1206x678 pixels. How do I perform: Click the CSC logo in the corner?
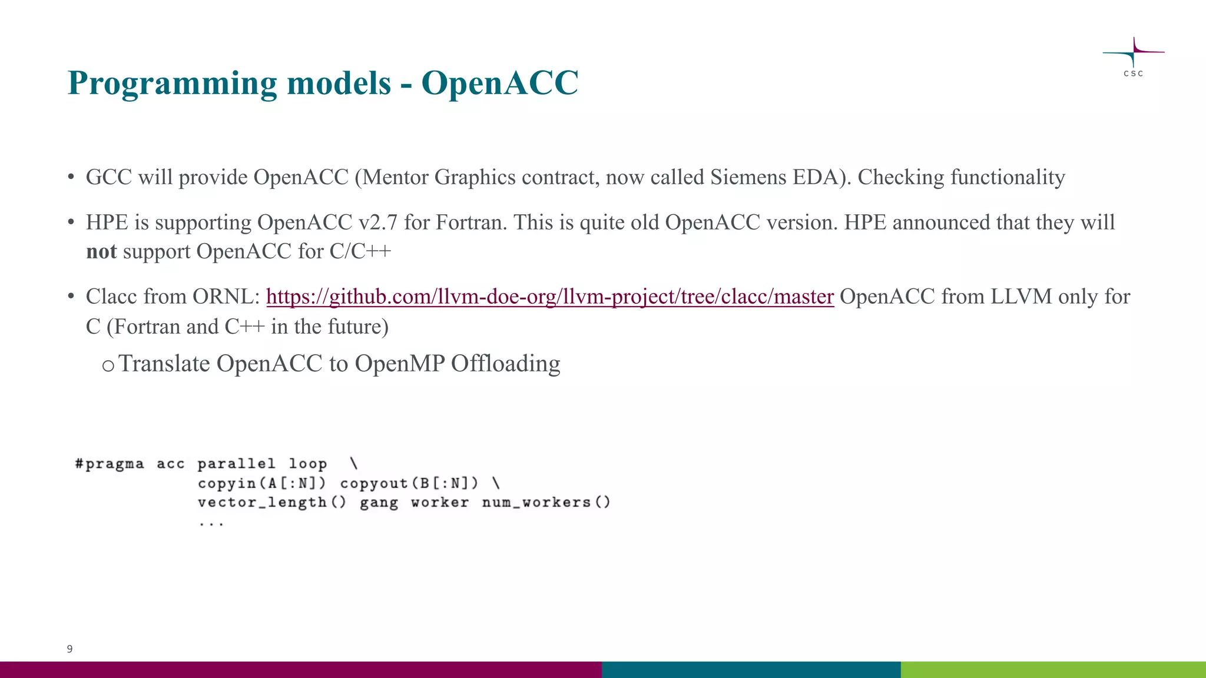click(x=1133, y=56)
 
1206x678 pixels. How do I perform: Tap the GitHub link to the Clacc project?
click(x=549, y=297)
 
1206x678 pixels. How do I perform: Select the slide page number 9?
click(x=69, y=649)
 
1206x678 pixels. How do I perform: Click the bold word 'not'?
click(x=101, y=252)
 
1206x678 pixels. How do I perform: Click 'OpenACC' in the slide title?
click(x=499, y=83)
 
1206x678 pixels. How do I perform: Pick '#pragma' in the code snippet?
click(x=110, y=464)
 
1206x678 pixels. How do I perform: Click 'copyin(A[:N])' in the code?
click(x=261, y=484)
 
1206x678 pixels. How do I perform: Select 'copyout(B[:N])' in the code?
click(x=409, y=484)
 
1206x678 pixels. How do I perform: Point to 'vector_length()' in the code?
click(x=271, y=503)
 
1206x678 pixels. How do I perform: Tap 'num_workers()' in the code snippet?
click(x=546, y=503)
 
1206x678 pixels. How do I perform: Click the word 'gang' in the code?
click(x=379, y=503)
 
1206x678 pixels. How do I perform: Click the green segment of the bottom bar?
click(x=1053, y=670)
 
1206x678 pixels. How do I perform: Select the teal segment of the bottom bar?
click(x=751, y=670)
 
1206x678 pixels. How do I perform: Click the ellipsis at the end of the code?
click(x=211, y=523)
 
